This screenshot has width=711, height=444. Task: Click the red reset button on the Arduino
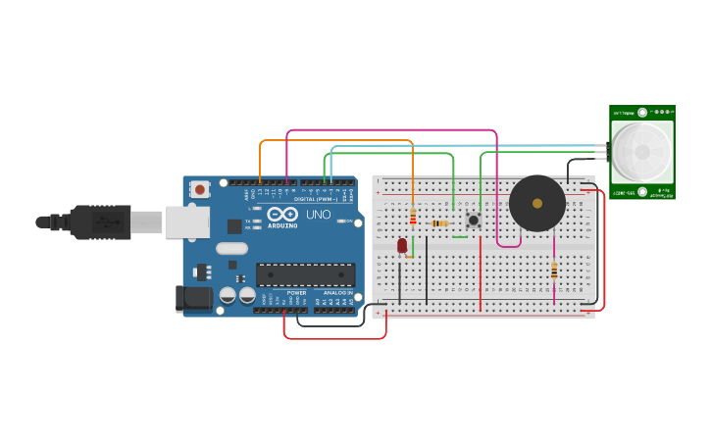200,188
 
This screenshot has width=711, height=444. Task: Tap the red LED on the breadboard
402,245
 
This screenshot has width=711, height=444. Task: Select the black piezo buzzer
536,204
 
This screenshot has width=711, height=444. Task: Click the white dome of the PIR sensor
642,152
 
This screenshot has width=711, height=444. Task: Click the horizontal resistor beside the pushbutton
441,223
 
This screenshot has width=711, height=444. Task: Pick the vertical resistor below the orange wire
413,217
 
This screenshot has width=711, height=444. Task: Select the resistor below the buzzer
554,270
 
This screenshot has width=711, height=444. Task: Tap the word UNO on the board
319,214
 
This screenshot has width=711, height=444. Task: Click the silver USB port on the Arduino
186,222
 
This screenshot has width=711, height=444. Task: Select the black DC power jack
194,299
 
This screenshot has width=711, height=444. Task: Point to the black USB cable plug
98,222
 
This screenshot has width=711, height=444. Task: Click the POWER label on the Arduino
296,292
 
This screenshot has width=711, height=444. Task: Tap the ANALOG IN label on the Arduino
338,292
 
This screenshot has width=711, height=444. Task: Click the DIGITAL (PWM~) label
315,199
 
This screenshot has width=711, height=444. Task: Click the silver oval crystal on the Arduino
232,249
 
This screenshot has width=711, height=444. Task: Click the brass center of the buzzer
536,203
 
